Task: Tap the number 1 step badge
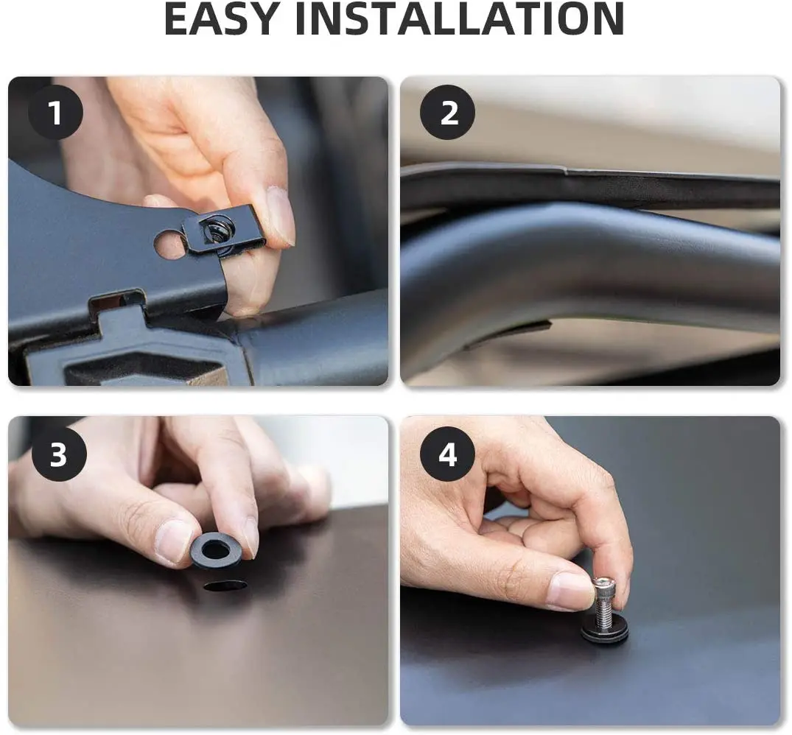pos(55,112)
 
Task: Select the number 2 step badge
pos(447,112)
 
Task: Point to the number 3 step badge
pos(59,454)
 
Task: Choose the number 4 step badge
pos(447,454)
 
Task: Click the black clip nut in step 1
pos(222,231)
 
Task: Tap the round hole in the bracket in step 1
pos(169,244)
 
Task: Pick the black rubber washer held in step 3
pos(217,550)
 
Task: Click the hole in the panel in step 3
pos(225,586)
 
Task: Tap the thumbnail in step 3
pos(173,541)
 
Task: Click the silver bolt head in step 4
pos(603,585)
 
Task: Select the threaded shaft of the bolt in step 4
pos(604,609)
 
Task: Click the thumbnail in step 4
pos(572,591)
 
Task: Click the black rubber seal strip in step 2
pos(590,186)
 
